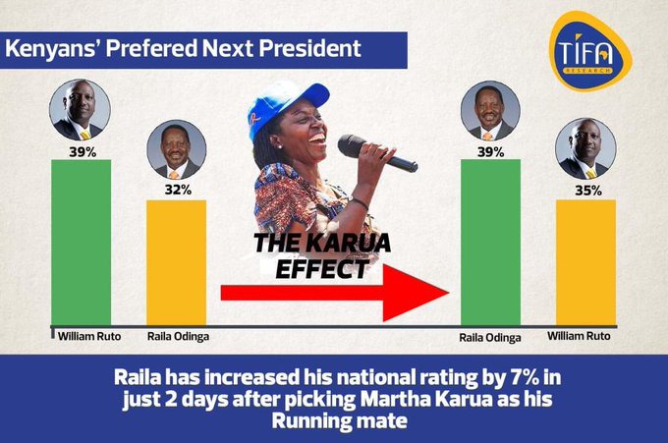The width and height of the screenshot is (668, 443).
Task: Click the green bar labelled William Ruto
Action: (x=81, y=243)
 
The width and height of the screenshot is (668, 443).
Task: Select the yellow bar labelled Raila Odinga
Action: (x=177, y=263)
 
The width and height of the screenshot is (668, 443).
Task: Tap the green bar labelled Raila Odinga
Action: (x=491, y=243)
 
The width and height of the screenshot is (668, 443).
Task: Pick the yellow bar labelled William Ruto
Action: (x=585, y=263)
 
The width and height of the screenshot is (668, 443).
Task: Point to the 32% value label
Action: (x=178, y=190)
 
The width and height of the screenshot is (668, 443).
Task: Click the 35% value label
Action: (x=588, y=191)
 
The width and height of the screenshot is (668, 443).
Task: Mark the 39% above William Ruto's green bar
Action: (x=83, y=151)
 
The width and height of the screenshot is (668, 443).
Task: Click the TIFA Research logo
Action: (x=589, y=51)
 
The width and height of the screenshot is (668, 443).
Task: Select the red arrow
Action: (x=335, y=293)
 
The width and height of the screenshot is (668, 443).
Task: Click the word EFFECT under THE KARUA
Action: (x=322, y=269)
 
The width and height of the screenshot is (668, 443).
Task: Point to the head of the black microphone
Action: (x=354, y=145)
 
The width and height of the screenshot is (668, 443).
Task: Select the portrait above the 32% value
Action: (x=177, y=149)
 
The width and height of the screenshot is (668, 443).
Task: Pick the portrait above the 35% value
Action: (x=585, y=148)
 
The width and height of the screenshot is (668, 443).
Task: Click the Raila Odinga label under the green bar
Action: (x=490, y=338)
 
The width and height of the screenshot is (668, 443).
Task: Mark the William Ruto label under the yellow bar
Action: (x=579, y=336)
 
